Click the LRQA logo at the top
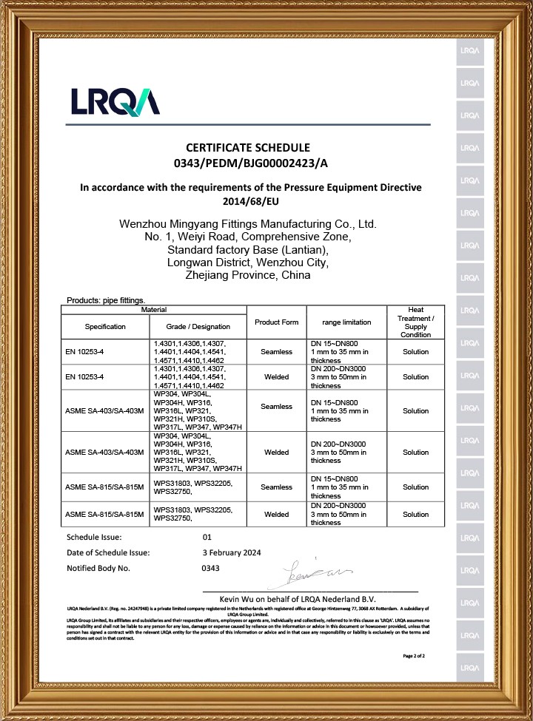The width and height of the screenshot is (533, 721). pos(115,101)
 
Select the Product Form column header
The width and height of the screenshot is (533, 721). pos(276,322)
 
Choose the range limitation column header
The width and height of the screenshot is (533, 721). pos(346,323)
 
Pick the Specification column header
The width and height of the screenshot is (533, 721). pos(105,326)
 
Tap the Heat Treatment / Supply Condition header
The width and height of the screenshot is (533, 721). pos(415,322)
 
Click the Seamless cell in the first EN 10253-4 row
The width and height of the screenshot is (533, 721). pos(276,352)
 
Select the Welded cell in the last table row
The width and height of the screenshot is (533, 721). pos(276,513)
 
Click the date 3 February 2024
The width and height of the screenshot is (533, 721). pos(231,552)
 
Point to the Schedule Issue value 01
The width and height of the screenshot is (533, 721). pos(207,538)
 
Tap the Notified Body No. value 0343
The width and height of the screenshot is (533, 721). pos(211,568)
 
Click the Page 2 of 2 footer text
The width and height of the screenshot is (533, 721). pos(413,656)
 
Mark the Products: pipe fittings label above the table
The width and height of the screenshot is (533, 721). pos(105,300)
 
